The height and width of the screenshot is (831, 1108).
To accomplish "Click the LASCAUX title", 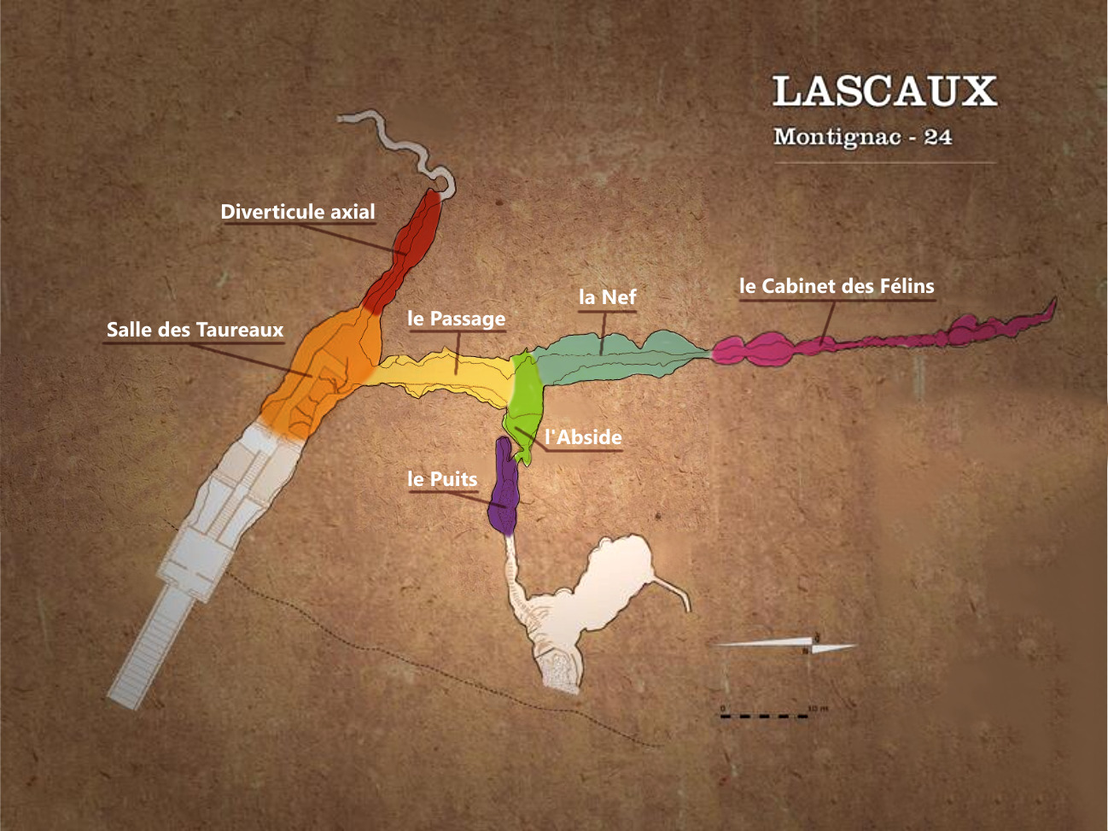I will pyautogui.click(x=884, y=91).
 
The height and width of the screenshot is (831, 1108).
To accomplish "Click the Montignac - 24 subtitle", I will pyautogui.click(x=862, y=137).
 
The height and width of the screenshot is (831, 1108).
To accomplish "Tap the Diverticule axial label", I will pyautogui.click(x=297, y=212).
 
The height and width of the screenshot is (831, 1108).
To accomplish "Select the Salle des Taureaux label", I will pyautogui.click(x=195, y=330).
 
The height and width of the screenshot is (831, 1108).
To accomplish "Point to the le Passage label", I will pyautogui.click(x=457, y=319).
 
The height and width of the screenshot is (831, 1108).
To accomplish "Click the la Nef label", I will pyautogui.click(x=607, y=297).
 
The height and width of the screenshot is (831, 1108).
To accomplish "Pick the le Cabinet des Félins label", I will pyautogui.click(x=837, y=286).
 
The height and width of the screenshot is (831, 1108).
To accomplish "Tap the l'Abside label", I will pyautogui.click(x=584, y=437).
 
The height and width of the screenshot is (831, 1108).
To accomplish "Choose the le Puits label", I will pyautogui.click(x=442, y=479).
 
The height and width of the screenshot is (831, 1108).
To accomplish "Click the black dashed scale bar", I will pyautogui.click(x=764, y=716).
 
